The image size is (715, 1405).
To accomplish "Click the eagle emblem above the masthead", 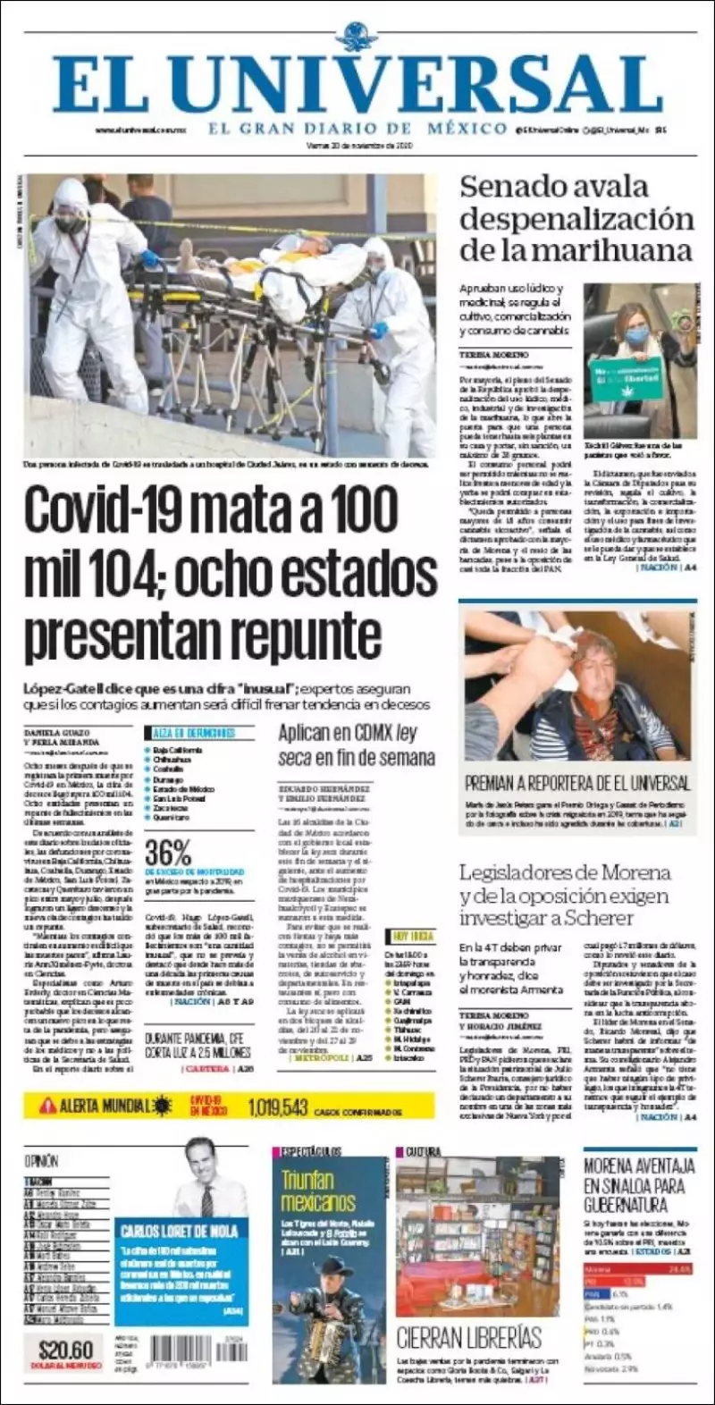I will [360, 37].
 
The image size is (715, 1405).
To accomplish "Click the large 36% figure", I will [168, 851].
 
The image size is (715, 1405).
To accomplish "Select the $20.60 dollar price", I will [65, 1350].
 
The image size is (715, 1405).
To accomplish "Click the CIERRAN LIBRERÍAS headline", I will [469, 1337].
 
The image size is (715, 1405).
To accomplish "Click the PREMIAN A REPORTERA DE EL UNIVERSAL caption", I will [577, 783].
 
